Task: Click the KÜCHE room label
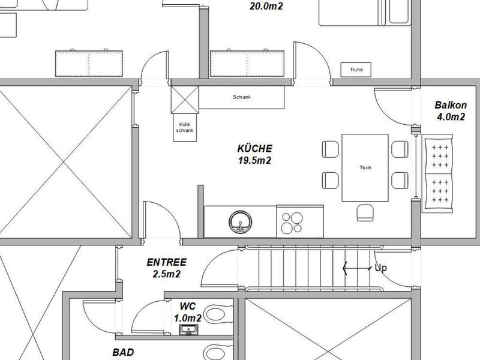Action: click(x=254, y=148)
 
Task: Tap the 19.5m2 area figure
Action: click(x=254, y=160)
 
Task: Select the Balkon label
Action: click(x=451, y=105)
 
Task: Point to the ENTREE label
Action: click(x=167, y=262)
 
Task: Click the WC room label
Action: click(x=187, y=306)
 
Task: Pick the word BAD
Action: click(x=124, y=352)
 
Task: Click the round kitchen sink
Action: click(x=241, y=222)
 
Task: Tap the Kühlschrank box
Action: click(x=185, y=127)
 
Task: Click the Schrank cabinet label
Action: click(x=242, y=97)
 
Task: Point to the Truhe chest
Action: click(x=356, y=70)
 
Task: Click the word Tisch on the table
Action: click(x=365, y=167)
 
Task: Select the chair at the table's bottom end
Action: click(x=365, y=213)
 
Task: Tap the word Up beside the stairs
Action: click(x=381, y=268)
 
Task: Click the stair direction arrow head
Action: click(x=345, y=268)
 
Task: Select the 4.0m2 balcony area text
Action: click(x=451, y=116)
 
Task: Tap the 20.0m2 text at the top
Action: click(x=266, y=6)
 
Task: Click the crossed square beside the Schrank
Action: click(x=185, y=100)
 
